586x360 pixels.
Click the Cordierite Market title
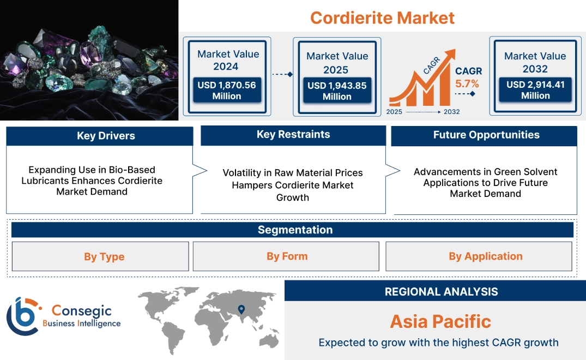pyautogui.click(x=382, y=17)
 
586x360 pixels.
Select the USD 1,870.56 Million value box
pyautogui.click(x=226, y=90)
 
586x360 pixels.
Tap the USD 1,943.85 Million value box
pyautogui.click(x=337, y=91)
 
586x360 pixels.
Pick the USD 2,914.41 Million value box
pyautogui.click(x=535, y=90)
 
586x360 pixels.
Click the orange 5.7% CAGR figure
pyautogui.click(x=467, y=83)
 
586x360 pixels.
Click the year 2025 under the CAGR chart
pyautogui.click(x=395, y=112)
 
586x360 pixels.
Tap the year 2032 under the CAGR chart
pyautogui.click(x=451, y=112)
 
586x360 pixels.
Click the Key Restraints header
pyautogui.click(x=293, y=135)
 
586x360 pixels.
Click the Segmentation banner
pyautogui.click(x=295, y=230)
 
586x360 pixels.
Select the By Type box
pyautogui.click(x=104, y=256)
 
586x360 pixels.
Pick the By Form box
pyautogui.click(x=287, y=256)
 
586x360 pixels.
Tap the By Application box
pyautogui.click(x=485, y=256)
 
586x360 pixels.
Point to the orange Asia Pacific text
pyautogui.click(x=440, y=321)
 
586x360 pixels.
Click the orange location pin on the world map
pyautogui.click(x=240, y=310)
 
